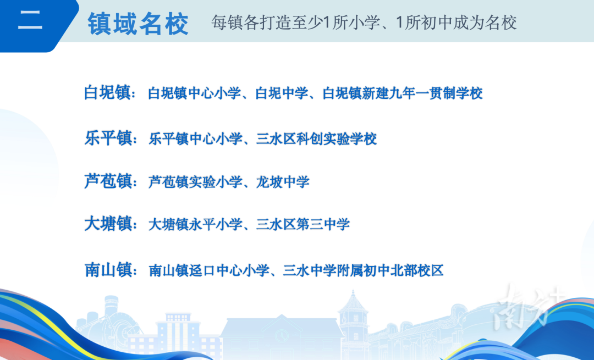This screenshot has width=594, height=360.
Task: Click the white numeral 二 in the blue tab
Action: coord(30,20)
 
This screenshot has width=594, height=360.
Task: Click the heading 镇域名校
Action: coord(138,24)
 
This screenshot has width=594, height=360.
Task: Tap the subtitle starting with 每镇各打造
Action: coord(364,23)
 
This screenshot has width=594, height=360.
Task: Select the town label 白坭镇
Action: coord(108,92)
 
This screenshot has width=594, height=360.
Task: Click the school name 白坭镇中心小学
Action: coord(194,93)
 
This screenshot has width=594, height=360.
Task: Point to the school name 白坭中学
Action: coord(282,93)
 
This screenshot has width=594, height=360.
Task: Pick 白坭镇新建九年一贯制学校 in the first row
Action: coord(403,93)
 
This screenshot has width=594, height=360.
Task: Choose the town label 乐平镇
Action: coord(108,138)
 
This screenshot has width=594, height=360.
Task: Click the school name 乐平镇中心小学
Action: coord(195,139)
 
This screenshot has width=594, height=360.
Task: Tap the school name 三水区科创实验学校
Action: coord(316,139)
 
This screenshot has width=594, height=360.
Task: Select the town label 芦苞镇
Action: coord(108,181)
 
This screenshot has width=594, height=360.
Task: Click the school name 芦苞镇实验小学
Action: coord(195,182)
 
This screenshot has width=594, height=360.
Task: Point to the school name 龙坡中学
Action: coord(283,182)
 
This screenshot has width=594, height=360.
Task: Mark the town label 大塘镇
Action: coord(108,223)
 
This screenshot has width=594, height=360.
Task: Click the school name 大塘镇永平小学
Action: coord(195,224)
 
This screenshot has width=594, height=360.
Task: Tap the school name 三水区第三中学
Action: coord(302,224)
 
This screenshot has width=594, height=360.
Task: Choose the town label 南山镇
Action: coord(108,270)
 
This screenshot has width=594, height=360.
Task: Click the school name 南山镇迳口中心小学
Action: coord(209,270)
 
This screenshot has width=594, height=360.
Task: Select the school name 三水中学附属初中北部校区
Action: coord(364,270)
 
